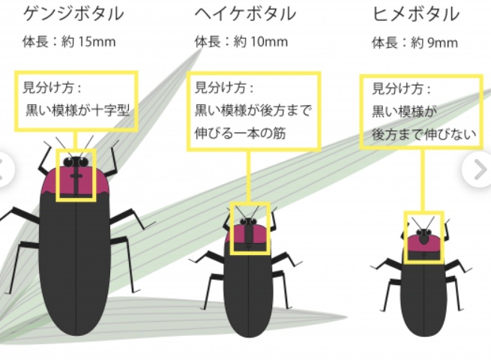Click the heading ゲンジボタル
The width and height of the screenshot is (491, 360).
73,13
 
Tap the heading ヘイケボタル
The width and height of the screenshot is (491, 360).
245,13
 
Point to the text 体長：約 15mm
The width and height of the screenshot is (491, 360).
70,41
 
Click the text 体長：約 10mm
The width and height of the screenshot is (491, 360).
241,41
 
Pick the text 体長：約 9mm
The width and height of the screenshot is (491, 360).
415,42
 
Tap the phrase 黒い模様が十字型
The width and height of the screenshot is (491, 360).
78,111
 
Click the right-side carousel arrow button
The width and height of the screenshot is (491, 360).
478,171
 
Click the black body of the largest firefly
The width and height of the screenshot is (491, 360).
77,262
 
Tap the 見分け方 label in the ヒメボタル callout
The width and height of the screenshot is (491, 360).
402,89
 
